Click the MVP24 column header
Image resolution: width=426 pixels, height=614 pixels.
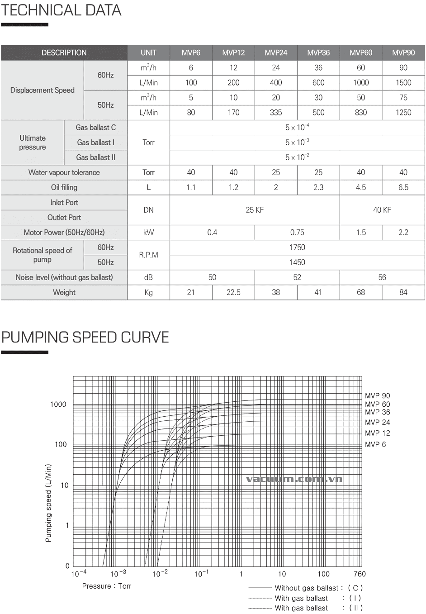[276, 52]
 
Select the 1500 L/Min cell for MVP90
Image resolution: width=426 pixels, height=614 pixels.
[403, 82]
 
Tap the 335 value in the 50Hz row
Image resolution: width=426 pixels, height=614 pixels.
[276, 112]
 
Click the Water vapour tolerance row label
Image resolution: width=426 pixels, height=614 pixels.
[64, 172]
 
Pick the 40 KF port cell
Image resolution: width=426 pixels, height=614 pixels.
[382, 210]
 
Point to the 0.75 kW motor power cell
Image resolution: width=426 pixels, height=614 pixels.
[297, 233]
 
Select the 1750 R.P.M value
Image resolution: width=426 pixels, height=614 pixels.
[297, 248]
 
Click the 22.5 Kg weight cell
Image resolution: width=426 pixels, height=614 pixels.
[233, 292]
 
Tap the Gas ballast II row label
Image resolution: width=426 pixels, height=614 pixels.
[95, 157]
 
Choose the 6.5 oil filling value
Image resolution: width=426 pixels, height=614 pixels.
[403, 187]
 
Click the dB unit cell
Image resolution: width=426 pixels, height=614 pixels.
[148, 277]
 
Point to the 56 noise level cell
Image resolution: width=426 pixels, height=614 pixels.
[382, 277]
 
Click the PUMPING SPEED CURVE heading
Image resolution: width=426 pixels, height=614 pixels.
[85, 338]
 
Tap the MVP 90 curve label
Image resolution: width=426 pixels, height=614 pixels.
[377, 396]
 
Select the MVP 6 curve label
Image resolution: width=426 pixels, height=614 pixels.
[375, 445]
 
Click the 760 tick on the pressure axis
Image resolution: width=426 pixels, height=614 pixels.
[360, 574]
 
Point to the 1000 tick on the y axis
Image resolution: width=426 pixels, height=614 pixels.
[58, 405]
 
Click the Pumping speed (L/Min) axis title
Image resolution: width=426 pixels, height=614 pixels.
[48, 503]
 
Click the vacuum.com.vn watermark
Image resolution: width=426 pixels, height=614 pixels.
[294, 479]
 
